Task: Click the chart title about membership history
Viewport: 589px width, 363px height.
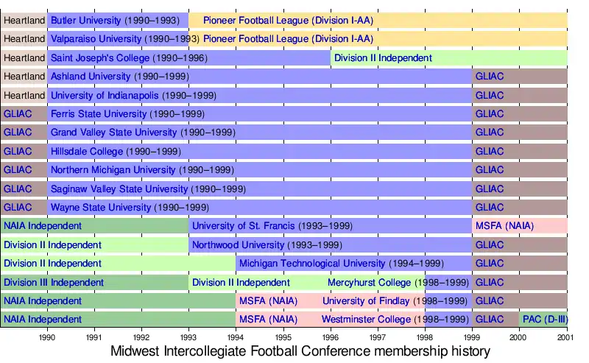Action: [x=300, y=351]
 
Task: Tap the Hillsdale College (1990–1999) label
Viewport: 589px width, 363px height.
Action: [x=116, y=152]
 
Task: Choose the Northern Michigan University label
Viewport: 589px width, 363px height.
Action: [x=142, y=170]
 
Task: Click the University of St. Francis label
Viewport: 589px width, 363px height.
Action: [x=272, y=226]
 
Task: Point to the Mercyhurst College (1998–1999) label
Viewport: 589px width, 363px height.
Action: [x=398, y=282]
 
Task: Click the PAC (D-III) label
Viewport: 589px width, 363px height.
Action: [x=543, y=320]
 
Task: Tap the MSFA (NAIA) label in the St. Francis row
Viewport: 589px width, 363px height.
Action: [x=504, y=226]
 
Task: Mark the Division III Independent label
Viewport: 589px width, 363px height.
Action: [x=54, y=282]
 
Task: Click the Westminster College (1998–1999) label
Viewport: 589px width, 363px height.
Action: [x=395, y=320]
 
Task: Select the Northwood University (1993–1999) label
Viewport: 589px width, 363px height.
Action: [x=267, y=244]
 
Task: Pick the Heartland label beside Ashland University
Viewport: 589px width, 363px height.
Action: [x=24, y=77]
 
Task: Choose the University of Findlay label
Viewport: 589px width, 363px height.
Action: [x=395, y=301]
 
